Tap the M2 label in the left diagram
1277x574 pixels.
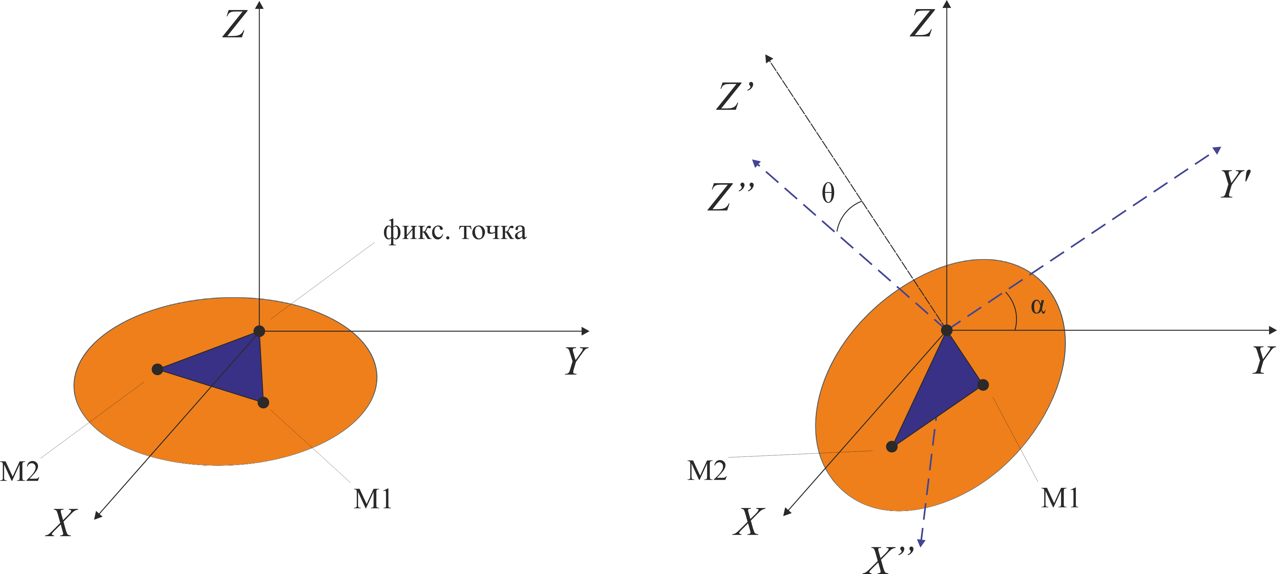coord(20,471)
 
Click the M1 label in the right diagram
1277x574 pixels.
coord(1060,498)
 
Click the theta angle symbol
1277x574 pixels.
coord(828,193)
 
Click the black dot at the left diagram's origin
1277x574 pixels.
coord(259,331)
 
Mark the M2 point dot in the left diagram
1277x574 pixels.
coord(157,369)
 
